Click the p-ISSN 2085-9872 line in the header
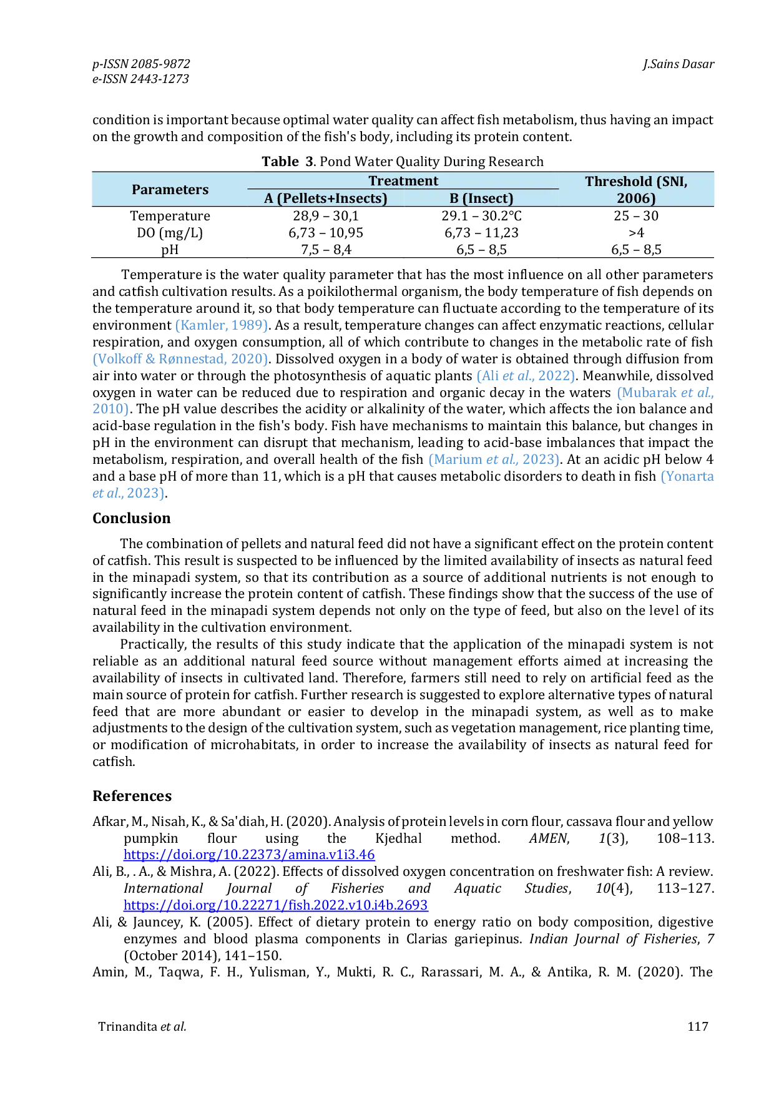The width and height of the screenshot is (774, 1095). tap(141, 64)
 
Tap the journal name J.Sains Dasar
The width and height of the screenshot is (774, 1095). tap(678, 64)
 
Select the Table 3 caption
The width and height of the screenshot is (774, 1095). tap(403, 161)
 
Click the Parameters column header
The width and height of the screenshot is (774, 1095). tap(170, 190)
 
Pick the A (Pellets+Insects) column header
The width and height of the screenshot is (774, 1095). tap(326, 199)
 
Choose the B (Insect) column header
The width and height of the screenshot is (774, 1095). tap(481, 199)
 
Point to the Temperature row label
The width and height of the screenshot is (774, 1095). tap(170, 216)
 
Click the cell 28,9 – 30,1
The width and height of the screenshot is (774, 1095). tap(326, 216)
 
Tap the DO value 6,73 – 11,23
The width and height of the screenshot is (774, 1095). tap(481, 233)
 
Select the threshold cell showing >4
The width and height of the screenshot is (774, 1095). tap(636, 233)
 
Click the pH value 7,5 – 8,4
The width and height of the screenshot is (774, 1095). tap(326, 250)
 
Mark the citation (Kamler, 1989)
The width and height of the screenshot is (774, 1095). tap(222, 325)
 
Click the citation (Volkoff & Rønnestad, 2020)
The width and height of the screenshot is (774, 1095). tap(180, 359)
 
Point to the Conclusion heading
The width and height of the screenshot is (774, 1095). tap(131, 518)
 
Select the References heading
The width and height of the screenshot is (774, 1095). tap(132, 796)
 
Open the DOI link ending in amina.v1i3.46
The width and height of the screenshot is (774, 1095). tap(249, 855)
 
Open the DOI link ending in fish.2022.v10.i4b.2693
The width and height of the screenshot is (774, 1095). tap(276, 905)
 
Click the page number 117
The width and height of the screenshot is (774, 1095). tap(698, 1026)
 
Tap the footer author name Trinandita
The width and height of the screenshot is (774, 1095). tap(127, 1026)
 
